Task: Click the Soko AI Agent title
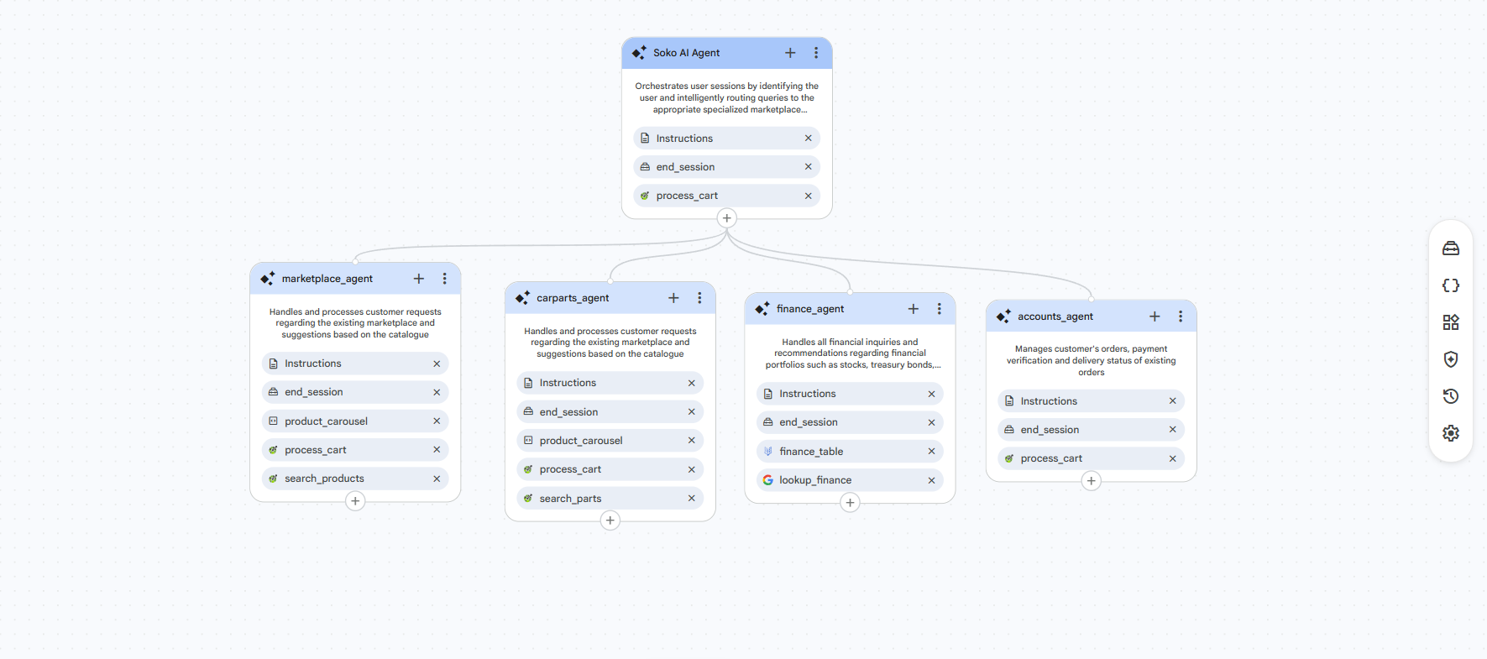point(686,53)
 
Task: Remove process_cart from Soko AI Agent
point(808,196)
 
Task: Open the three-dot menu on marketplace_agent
point(444,279)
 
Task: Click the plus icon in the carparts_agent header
point(673,298)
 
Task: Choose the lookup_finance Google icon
point(767,480)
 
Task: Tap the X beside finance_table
point(931,452)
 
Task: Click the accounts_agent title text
point(1055,316)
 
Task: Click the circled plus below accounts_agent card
point(1091,481)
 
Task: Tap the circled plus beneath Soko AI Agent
point(727,218)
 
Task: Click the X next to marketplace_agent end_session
point(437,392)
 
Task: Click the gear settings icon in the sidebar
point(1451,433)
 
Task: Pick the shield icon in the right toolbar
point(1451,359)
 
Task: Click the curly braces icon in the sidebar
point(1451,285)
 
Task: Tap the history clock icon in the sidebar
point(1451,396)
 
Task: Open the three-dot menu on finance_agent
point(939,309)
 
